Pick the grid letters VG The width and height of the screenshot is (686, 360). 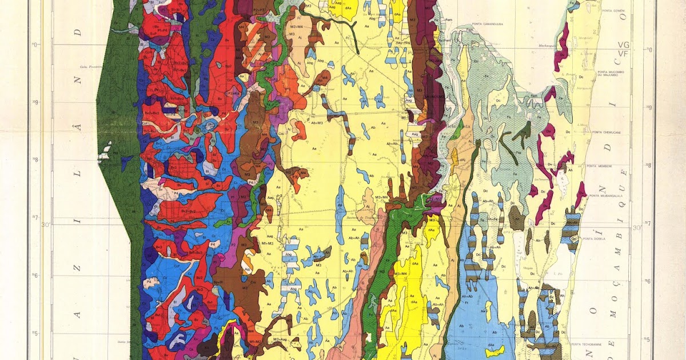623,44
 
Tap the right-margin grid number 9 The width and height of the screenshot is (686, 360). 649,107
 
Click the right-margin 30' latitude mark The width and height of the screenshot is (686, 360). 636,228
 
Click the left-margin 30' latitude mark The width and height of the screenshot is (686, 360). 46,225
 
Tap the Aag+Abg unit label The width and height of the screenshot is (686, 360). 404,42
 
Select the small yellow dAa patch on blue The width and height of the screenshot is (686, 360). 493,350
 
